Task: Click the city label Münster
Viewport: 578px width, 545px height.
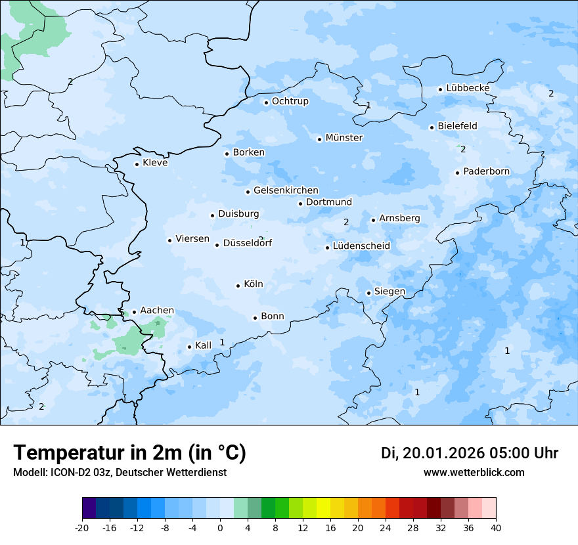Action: pyautogui.click(x=344, y=138)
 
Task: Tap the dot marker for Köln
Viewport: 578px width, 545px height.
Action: pyautogui.click(x=238, y=286)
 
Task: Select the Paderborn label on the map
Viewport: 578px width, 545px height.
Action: pyautogui.click(x=486, y=172)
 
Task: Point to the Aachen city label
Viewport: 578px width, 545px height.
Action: pyautogui.click(x=157, y=311)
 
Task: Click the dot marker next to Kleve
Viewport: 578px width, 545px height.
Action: pyautogui.click(x=137, y=164)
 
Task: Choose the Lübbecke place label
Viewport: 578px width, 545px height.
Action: pyautogui.click(x=468, y=88)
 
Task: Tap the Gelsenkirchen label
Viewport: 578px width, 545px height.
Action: pyautogui.click(x=286, y=190)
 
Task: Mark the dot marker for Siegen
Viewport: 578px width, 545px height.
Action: pyautogui.click(x=369, y=293)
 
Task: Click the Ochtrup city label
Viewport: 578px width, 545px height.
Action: pyautogui.click(x=290, y=101)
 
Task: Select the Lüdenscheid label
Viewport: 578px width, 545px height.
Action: pyautogui.click(x=361, y=246)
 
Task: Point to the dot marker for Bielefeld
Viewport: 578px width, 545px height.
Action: pyautogui.click(x=432, y=127)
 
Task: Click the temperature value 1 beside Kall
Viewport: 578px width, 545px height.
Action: pyautogui.click(x=222, y=342)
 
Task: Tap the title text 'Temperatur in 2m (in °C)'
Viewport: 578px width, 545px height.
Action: pyautogui.click(x=129, y=453)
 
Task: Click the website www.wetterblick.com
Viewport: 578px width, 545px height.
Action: pyautogui.click(x=474, y=473)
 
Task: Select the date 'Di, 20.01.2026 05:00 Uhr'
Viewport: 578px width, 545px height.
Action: pyautogui.click(x=470, y=453)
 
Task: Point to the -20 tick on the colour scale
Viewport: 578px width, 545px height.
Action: pyautogui.click(x=82, y=528)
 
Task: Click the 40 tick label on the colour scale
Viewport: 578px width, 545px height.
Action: pyautogui.click(x=496, y=528)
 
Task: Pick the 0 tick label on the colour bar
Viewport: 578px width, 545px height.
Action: pyautogui.click(x=220, y=528)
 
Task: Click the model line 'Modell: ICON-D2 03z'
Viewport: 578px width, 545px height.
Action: pyautogui.click(x=120, y=473)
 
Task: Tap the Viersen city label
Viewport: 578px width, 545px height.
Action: pyautogui.click(x=192, y=239)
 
